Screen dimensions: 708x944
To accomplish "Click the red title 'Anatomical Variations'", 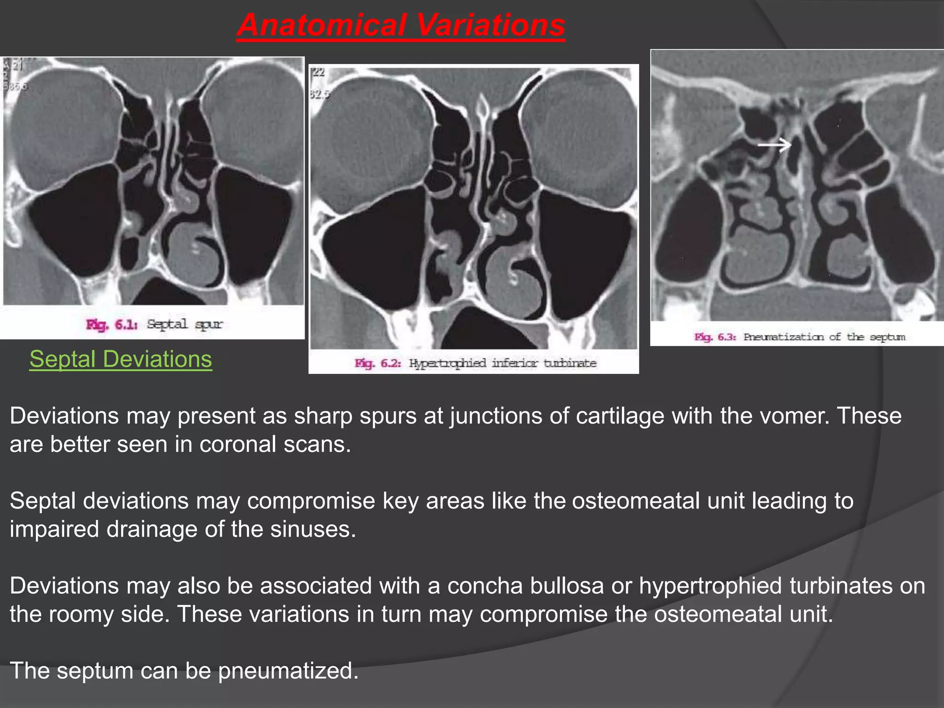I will [x=401, y=25].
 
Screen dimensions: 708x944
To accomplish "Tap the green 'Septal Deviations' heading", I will [x=121, y=359].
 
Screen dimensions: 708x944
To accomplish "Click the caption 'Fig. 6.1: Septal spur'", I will [x=154, y=324].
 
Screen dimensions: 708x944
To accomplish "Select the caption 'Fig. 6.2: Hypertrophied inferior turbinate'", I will [x=475, y=363].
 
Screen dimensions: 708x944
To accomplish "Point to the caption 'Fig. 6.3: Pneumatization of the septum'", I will [x=800, y=337].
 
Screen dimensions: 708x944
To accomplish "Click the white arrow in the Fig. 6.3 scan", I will [x=775, y=146].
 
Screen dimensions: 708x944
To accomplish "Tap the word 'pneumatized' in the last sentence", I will [x=288, y=671].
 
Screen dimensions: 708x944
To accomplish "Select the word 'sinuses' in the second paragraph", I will [x=313, y=529].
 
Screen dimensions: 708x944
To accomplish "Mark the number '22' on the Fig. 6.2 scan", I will [x=319, y=72].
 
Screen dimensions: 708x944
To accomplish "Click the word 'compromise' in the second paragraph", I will [x=311, y=501].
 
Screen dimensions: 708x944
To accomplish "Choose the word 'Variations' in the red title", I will [x=490, y=25].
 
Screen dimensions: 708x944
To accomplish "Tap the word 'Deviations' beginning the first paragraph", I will [x=65, y=416].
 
